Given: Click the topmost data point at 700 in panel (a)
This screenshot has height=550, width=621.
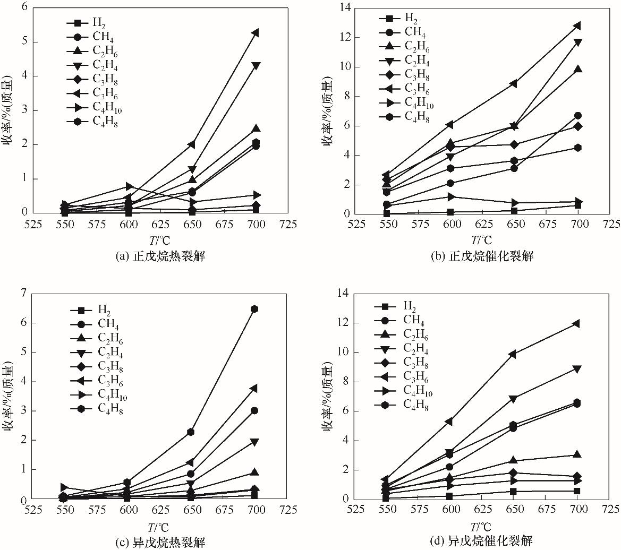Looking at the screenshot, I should pyautogui.click(x=256, y=33).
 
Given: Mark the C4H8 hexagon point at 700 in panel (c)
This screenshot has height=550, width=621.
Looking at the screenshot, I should pyautogui.click(x=255, y=309).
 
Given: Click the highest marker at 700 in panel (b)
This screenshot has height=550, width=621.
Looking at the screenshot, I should pyautogui.click(x=578, y=25).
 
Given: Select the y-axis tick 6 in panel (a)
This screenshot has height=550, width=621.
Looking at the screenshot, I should pyautogui.click(x=25, y=8).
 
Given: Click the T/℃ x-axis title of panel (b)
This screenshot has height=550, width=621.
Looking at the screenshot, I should pyautogui.click(x=481, y=240).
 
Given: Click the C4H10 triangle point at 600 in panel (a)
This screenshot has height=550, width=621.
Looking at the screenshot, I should pyautogui.click(x=129, y=186).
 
